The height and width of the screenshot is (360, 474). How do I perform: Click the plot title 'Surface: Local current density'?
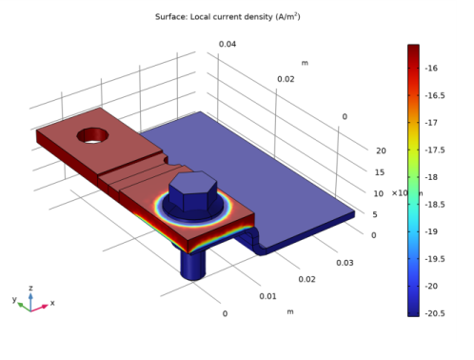(x=214, y=17)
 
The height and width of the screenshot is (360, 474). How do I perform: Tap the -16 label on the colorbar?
(x=431, y=68)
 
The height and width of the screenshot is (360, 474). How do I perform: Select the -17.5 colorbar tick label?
(x=435, y=150)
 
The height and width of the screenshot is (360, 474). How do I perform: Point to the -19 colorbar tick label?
(x=431, y=231)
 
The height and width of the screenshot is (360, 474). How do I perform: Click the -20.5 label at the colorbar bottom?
(x=435, y=313)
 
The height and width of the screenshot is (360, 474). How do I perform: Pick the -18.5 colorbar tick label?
(x=435, y=205)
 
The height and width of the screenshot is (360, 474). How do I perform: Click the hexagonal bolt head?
(x=193, y=191)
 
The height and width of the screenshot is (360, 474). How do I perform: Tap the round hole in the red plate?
(x=92, y=135)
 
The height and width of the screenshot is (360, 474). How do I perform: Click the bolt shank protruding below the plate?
(x=192, y=265)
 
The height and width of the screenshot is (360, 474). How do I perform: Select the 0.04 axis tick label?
(x=227, y=44)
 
